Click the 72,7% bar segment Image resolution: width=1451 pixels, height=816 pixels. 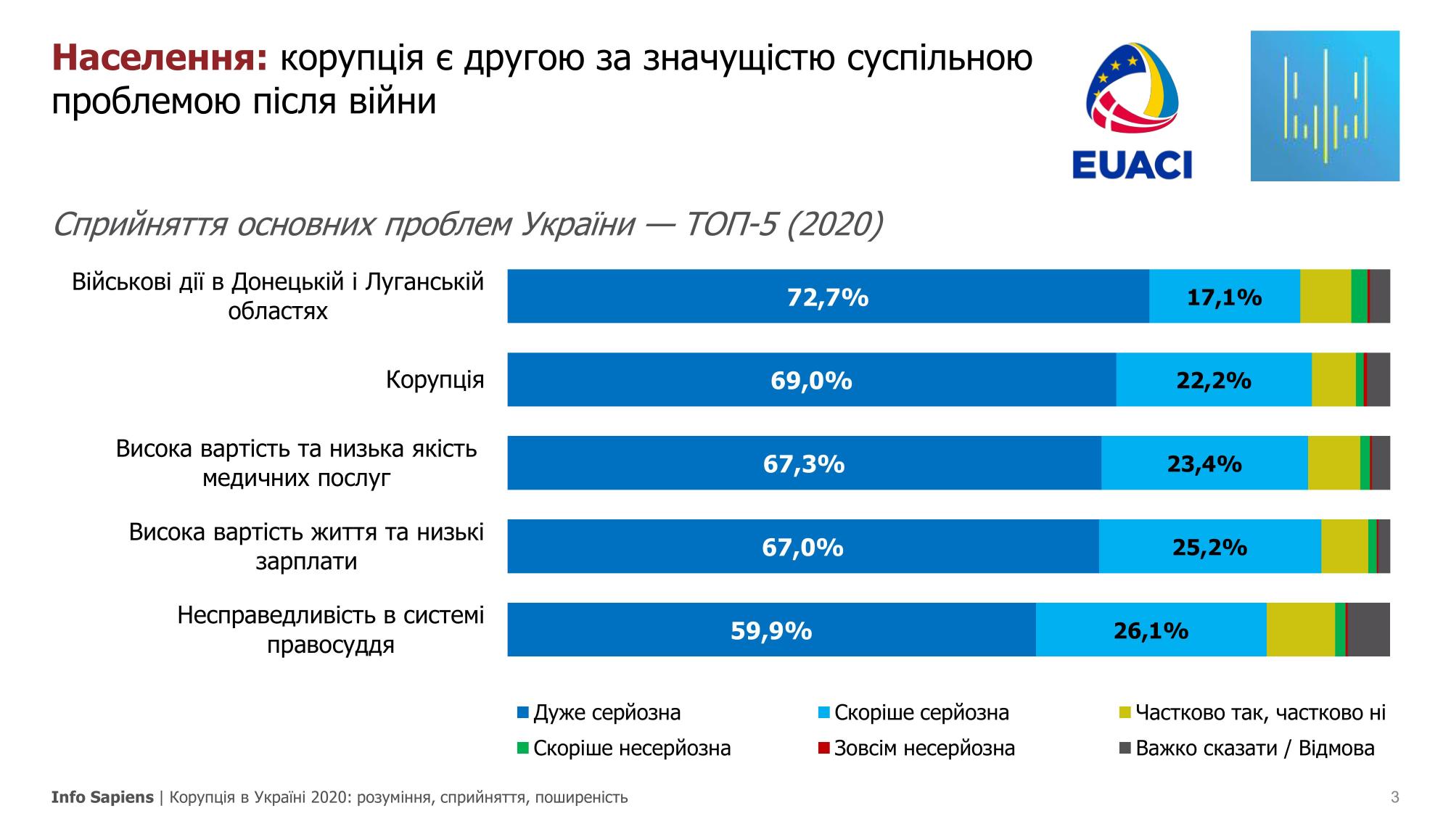point(828,297)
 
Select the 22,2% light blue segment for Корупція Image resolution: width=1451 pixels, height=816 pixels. point(1213,380)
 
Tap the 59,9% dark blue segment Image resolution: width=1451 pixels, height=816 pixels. point(770,630)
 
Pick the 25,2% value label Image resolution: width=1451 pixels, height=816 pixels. point(1209,547)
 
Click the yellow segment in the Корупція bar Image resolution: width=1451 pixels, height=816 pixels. point(1333,380)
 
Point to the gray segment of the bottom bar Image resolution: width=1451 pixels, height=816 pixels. point(1368,630)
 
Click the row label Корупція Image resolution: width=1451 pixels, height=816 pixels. point(435,380)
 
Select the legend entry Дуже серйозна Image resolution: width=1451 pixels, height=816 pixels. point(607,712)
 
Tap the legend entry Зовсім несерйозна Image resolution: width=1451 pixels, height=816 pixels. point(924,748)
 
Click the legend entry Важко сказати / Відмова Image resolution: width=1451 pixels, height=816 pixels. point(1254,748)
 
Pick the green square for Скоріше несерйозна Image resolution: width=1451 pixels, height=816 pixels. point(523,748)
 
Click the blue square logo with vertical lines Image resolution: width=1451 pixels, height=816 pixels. point(1324,106)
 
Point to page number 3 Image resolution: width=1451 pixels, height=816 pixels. point(1394,798)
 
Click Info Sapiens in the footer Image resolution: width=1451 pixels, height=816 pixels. point(102,798)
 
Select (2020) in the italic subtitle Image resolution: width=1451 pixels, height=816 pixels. point(834,225)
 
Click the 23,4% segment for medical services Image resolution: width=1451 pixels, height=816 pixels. point(1204,463)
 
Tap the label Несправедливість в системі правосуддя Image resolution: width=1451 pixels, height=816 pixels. point(330,630)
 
